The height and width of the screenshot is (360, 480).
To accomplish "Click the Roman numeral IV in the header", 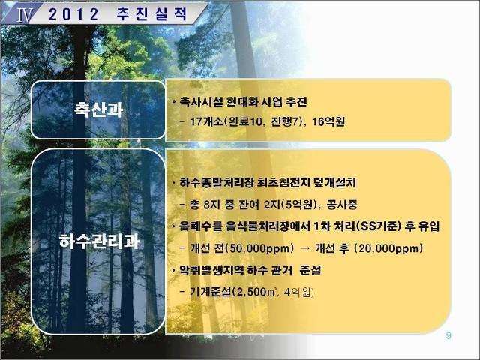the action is coord(24,15).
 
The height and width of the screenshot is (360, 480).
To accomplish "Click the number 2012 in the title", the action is coord(73,14).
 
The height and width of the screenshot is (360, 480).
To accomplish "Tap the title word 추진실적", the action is coord(151,14).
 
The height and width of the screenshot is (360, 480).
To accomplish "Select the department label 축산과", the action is coord(98,109).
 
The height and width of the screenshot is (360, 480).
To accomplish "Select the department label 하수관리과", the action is coord(99,241).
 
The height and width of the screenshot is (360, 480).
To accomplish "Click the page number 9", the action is coord(448,335).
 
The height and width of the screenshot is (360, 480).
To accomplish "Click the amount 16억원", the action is coord(328,121).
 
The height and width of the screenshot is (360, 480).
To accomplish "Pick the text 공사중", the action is coord(342,205).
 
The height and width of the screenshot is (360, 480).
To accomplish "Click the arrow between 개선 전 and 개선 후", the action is coord(305,248).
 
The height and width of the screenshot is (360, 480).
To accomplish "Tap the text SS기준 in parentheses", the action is coord(381,226).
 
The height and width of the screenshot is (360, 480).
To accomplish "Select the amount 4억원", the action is coord(297,292).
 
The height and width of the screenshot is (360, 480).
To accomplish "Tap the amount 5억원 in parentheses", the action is coord(299,205).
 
